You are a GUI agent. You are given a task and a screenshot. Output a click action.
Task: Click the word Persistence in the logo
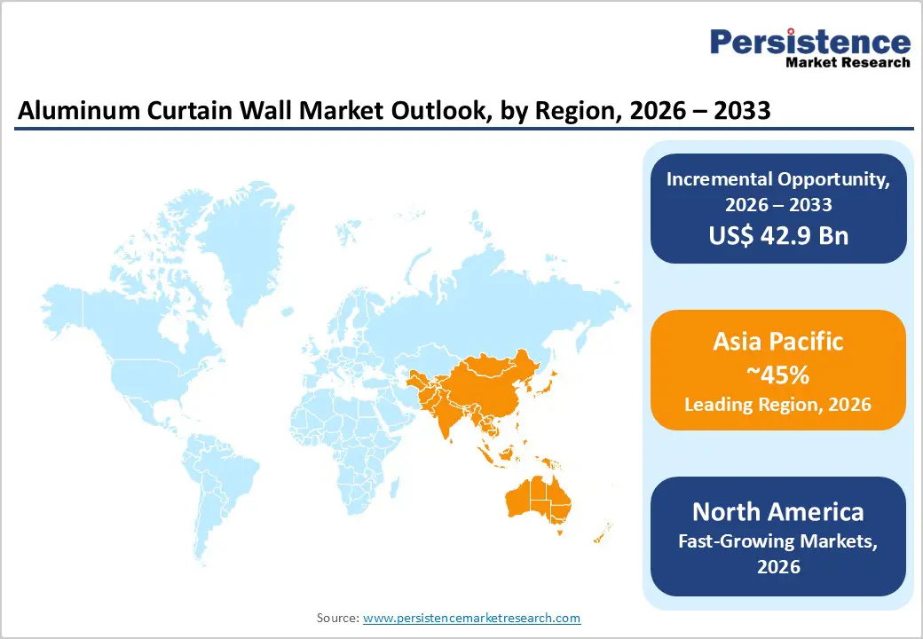point(810,41)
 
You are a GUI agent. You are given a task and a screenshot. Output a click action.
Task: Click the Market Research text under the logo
point(848,63)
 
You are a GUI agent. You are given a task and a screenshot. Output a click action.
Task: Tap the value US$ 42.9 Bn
point(778,235)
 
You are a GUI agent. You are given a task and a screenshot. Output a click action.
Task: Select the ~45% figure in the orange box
point(777,375)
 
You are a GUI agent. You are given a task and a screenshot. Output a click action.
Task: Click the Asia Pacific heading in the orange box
point(777,342)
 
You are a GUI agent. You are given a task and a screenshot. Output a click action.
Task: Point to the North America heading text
point(777,511)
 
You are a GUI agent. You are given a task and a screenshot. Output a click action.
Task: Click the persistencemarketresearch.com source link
point(471,618)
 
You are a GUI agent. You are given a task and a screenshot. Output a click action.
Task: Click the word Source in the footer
point(337,618)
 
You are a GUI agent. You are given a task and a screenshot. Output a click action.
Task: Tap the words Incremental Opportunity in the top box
point(777,178)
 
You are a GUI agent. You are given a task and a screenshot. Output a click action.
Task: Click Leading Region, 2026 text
point(777,405)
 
